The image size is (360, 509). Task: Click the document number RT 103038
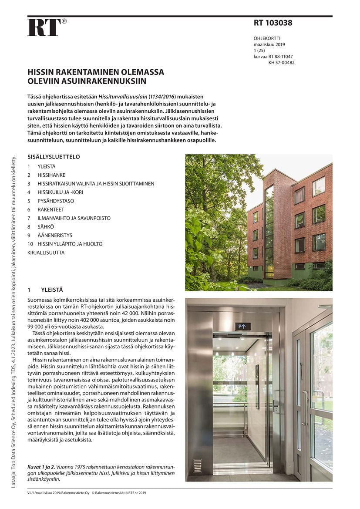(273, 23)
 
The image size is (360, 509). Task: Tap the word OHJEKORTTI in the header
(267, 38)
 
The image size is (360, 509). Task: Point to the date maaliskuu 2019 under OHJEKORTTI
(269, 44)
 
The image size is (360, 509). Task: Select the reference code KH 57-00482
(281, 63)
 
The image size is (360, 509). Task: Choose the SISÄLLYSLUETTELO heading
(54, 157)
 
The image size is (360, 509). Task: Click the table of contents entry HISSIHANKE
(51, 175)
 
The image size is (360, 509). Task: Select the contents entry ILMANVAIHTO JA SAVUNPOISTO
(74, 218)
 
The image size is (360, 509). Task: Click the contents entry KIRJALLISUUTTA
(46, 253)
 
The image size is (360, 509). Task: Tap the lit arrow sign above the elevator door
(243, 326)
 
